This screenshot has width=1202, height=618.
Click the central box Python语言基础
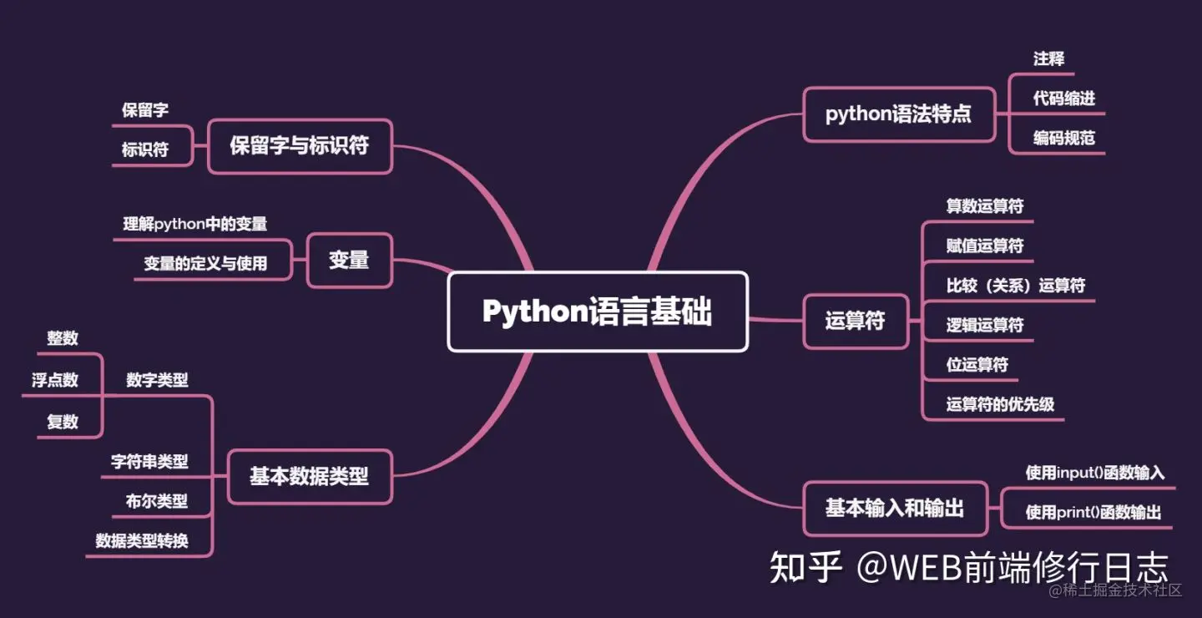[598, 312]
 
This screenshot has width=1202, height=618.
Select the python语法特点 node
[898, 114]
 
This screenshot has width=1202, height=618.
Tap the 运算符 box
[855, 321]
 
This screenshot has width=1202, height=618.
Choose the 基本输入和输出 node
[895, 508]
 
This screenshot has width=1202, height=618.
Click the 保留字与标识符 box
[300, 146]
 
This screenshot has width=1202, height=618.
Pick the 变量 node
[349, 260]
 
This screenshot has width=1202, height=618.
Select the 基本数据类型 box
[309, 477]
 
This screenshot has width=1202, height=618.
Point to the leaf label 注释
[1048, 58]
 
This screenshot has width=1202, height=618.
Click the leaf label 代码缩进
[1063, 99]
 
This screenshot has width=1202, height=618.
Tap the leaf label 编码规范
[1063, 139]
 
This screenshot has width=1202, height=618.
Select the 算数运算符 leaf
[985, 206]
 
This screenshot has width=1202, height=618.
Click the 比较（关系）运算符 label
[1016, 286]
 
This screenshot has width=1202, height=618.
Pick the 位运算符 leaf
[977, 365]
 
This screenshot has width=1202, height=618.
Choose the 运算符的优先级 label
[1000, 405]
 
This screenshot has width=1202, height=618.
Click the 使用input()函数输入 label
[1094, 473]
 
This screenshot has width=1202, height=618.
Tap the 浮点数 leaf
[55, 380]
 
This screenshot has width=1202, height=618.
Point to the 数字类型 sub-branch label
[157, 380]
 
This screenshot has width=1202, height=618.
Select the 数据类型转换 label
[142, 541]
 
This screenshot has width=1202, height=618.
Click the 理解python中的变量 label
[195, 224]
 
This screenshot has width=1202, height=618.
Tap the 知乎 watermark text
[805, 569]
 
